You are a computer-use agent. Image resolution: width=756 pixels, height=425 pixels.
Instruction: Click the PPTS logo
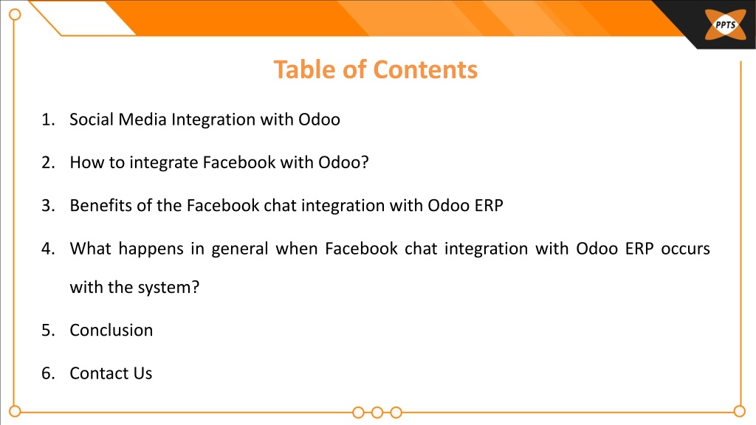pyautogui.click(x=725, y=24)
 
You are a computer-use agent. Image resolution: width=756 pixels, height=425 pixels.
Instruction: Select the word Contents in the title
pyautogui.click(x=425, y=69)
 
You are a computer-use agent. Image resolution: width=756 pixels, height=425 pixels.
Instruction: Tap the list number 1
pyautogui.click(x=48, y=120)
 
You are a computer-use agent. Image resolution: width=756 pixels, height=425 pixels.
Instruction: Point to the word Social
pyautogui.click(x=91, y=120)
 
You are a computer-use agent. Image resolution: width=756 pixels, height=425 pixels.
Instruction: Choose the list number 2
pyautogui.click(x=48, y=162)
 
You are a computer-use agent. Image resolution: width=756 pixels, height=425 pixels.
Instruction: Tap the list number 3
pyautogui.click(x=48, y=205)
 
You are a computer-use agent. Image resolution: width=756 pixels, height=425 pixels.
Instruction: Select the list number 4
pyautogui.click(x=48, y=249)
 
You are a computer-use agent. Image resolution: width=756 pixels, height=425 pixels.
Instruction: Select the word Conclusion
pyautogui.click(x=111, y=330)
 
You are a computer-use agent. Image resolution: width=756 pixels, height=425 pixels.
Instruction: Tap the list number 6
pyautogui.click(x=48, y=373)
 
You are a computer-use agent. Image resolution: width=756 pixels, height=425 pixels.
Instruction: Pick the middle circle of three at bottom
pyautogui.click(x=377, y=412)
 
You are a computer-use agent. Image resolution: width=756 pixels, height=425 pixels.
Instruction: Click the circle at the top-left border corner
pyautogui.click(x=15, y=15)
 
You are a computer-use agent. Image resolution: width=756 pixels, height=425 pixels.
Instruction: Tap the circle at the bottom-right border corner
pyautogui.click(x=740, y=412)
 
